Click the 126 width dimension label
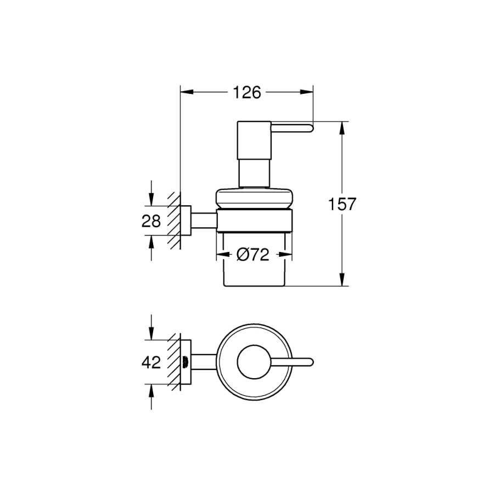[247, 92]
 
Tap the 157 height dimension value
[342, 204]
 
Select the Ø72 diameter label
[253, 255]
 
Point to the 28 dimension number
[151, 221]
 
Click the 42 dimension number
[151, 362]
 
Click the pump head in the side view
[254, 141]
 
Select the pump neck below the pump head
[254, 173]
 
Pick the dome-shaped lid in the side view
[254, 198]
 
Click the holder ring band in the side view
[254, 221]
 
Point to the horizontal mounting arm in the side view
[204, 221]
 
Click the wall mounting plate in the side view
[186, 221]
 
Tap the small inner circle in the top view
[254, 362]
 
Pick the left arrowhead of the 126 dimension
[187, 92]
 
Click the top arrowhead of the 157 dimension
[342, 128]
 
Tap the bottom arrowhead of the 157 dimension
[342, 279]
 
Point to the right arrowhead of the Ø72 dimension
[285, 255]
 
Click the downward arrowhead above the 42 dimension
[151, 334]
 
